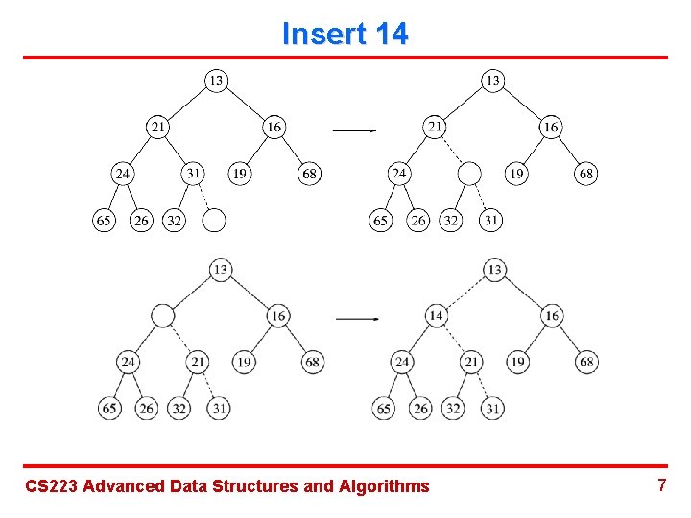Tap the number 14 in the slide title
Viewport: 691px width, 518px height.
click(x=391, y=35)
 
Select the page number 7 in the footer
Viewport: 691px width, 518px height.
click(x=661, y=484)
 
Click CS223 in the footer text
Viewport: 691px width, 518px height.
click(x=52, y=486)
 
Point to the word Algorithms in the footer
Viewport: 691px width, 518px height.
click(x=384, y=486)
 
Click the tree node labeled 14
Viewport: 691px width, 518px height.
click(x=436, y=316)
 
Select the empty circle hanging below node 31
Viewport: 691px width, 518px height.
click(x=214, y=222)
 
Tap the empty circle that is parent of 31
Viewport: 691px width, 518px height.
click(x=468, y=174)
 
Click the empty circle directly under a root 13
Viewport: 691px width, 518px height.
click(x=163, y=316)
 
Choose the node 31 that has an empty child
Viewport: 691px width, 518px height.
click(x=193, y=174)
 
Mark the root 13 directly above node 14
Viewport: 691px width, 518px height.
click(x=494, y=270)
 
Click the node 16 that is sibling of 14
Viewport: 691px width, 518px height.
click(x=552, y=316)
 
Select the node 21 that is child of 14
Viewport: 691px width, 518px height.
click(x=470, y=362)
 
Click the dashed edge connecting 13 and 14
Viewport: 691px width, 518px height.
click(x=465, y=293)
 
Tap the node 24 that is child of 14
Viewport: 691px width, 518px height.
click(x=402, y=362)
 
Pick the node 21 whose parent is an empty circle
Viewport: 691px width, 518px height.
click(x=198, y=362)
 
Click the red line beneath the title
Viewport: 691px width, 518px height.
click(x=345, y=58)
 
